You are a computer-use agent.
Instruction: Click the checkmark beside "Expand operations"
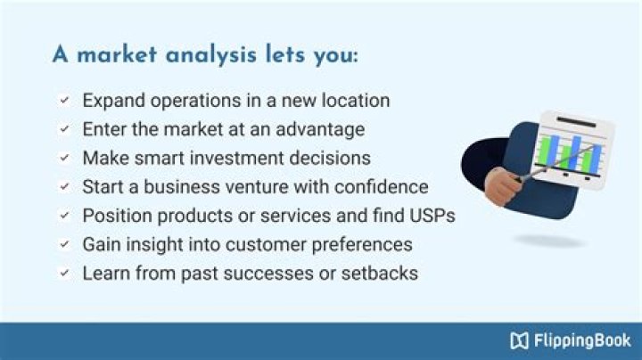(x=64, y=101)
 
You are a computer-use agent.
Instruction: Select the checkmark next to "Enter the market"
(x=64, y=129)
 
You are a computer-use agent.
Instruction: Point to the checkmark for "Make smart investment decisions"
(x=64, y=158)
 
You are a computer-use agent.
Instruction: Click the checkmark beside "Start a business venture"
(x=64, y=187)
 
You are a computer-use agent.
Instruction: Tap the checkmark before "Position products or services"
(x=64, y=216)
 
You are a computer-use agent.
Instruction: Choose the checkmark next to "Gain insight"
(x=64, y=244)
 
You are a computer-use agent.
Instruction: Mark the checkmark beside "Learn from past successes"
(x=64, y=273)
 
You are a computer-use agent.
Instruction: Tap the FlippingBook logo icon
(x=519, y=340)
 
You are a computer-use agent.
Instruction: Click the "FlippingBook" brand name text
(x=581, y=340)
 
